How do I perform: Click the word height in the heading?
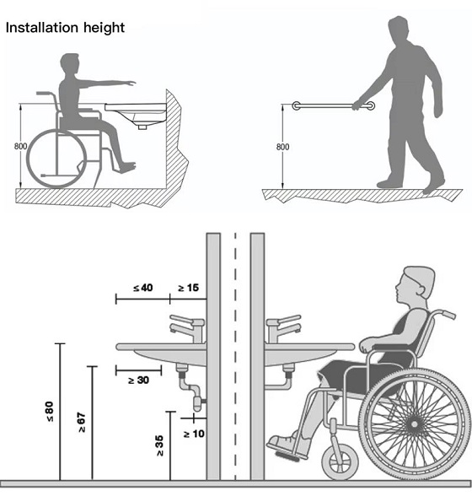point(104,28)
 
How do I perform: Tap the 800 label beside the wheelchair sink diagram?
point(20,146)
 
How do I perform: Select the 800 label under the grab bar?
point(282,147)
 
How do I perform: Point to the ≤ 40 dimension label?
point(143,288)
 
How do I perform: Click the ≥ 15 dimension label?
point(188,288)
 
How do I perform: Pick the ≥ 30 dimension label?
point(138,380)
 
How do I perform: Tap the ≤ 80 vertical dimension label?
point(50,412)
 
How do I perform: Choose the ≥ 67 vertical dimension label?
point(82,423)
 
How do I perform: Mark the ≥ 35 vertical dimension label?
point(159,445)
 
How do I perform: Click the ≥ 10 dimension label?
point(194,434)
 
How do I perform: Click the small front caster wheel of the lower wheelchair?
point(340,462)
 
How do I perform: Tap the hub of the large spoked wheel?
point(415,424)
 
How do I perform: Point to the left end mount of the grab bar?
point(297,105)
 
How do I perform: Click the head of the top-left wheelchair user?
point(70,64)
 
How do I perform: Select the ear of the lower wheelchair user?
point(421,289)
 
